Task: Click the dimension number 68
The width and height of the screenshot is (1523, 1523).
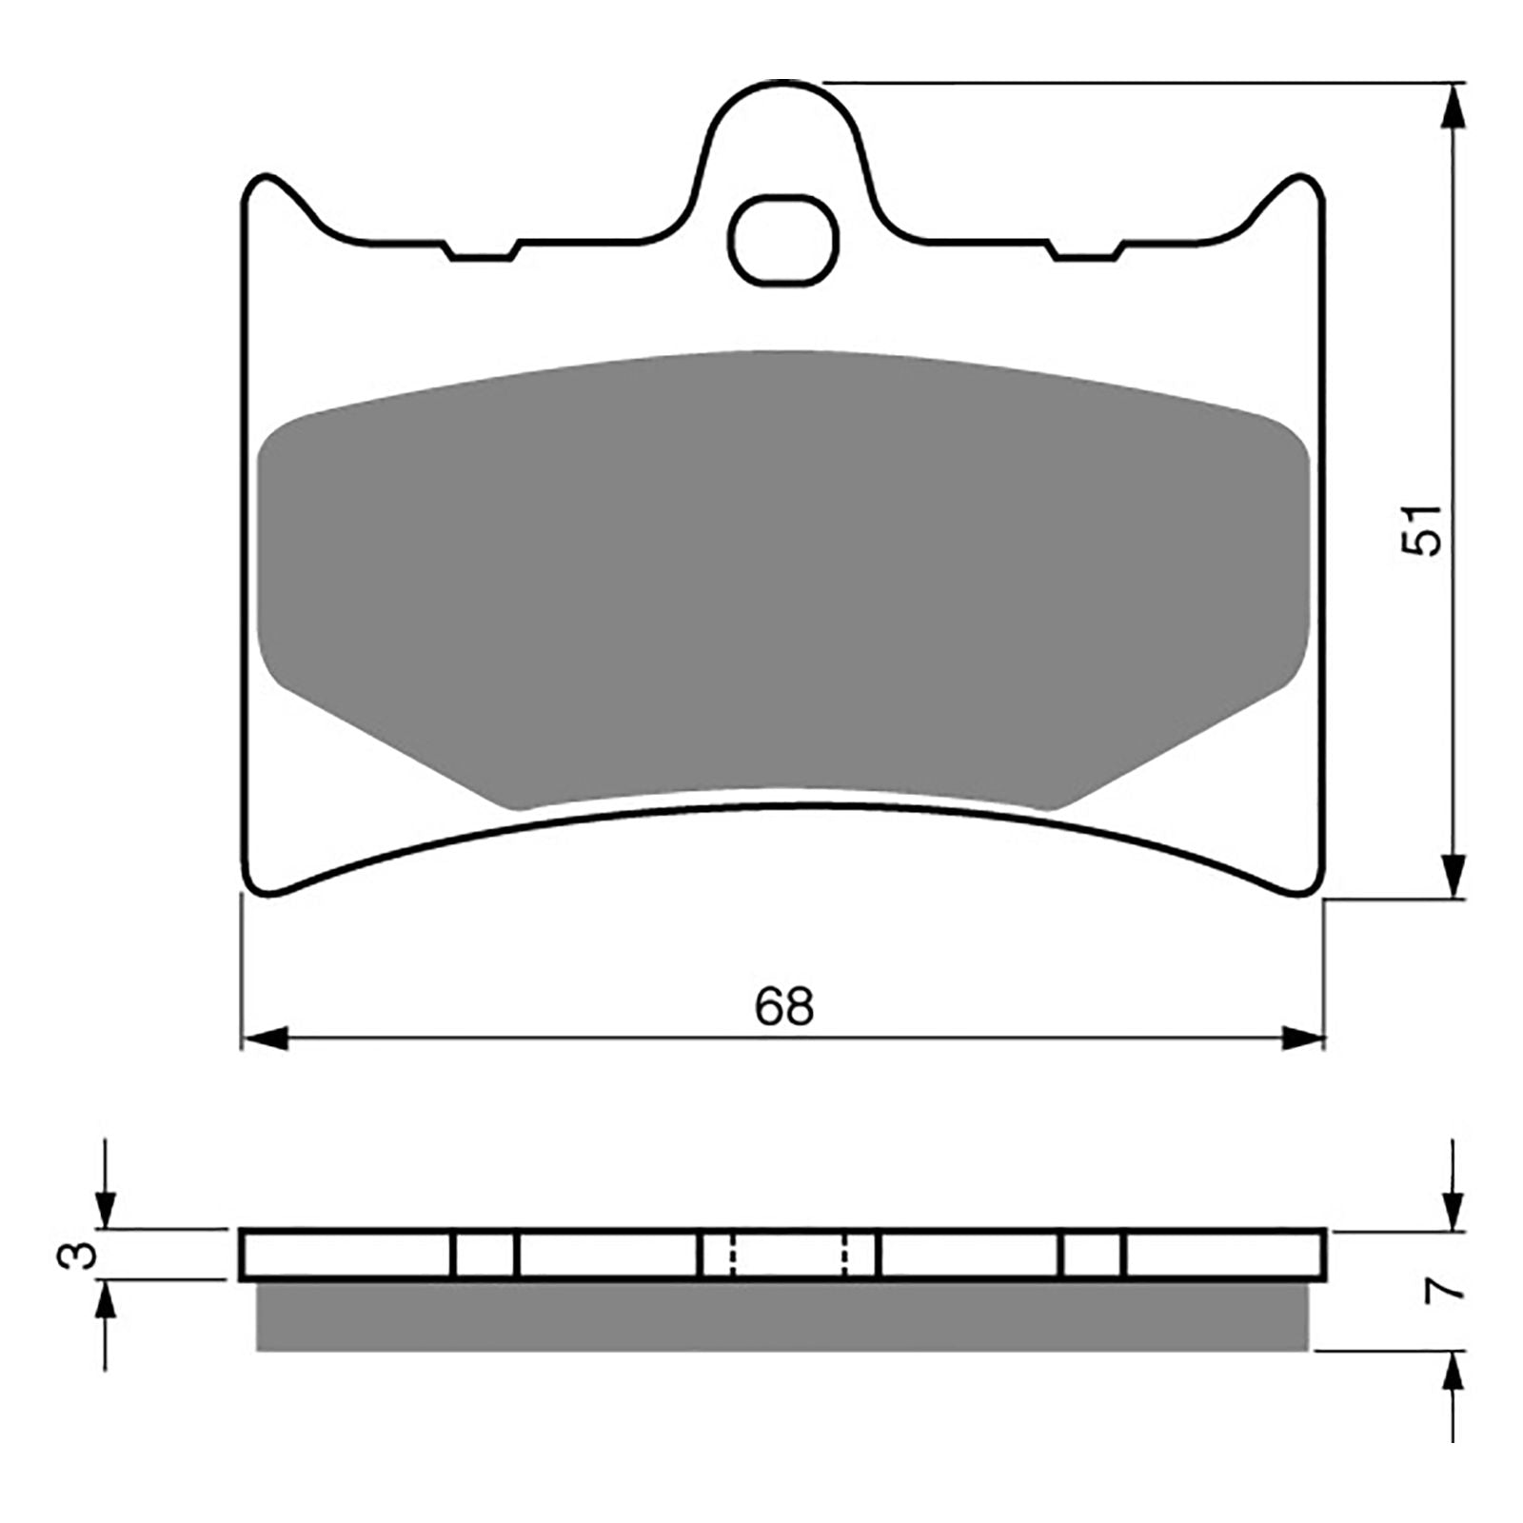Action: tap(784, 1006)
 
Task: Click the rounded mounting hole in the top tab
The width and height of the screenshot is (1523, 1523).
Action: tap(784, 241)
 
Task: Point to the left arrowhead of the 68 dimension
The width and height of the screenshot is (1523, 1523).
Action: tap(265, 1038)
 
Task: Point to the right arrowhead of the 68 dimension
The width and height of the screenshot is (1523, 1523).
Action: tap(1302, 1038)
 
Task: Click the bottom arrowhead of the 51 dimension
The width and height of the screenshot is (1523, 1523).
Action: tap(1453, 874)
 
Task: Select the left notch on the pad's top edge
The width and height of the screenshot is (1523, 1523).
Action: tap(482, 253)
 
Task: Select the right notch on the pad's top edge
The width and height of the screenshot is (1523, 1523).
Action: tap(1085, 253)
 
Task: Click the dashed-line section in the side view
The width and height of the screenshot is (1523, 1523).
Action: tap(788, 1255)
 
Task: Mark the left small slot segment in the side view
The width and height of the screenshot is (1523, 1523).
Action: tap(484, 1255)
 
